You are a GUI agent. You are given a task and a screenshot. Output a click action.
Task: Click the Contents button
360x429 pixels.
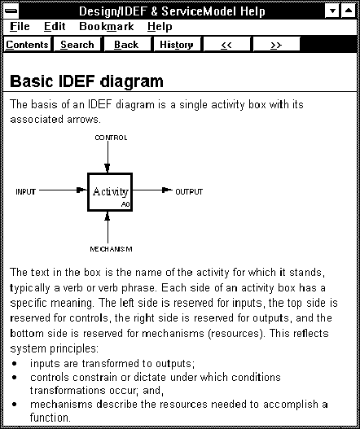(x=27, y=45)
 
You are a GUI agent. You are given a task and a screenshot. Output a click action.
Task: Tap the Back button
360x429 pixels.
(x=126, y=45)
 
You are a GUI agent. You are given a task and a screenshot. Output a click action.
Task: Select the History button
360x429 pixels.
(x=177, y=45)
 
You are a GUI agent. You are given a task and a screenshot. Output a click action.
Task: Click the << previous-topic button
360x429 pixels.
(x=226, y=45)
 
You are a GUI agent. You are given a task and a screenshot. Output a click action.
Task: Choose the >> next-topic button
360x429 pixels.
(x=276, y=45)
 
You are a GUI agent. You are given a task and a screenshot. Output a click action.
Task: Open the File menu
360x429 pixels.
(x=20, y=27)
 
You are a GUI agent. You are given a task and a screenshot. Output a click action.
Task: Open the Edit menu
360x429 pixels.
(x=55, y=27)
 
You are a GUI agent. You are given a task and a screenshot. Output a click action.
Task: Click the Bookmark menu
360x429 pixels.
(x=107, y=27)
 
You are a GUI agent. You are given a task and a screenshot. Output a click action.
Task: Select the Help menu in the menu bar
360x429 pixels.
(x=160, y=27)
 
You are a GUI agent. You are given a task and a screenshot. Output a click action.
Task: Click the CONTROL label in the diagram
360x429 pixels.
(x=111, y=138)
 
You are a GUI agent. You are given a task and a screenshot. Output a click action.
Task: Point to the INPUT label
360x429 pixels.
(x=26, y=192)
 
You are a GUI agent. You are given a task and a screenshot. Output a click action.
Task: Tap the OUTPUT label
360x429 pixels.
(x=189, y=192)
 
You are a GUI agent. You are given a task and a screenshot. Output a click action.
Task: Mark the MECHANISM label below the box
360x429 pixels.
(x=111, y=249)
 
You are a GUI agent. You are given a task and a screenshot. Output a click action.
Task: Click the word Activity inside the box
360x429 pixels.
(x=111, y=191)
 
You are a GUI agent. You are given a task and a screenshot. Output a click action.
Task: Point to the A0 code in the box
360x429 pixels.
(x=125, y=204)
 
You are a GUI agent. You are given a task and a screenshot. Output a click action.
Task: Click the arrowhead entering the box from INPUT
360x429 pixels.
(x=81, y=190)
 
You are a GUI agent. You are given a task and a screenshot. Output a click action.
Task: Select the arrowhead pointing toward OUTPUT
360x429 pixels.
(x=167, y=190)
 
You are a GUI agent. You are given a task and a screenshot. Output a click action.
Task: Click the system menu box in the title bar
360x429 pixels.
(x=11, y=11)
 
